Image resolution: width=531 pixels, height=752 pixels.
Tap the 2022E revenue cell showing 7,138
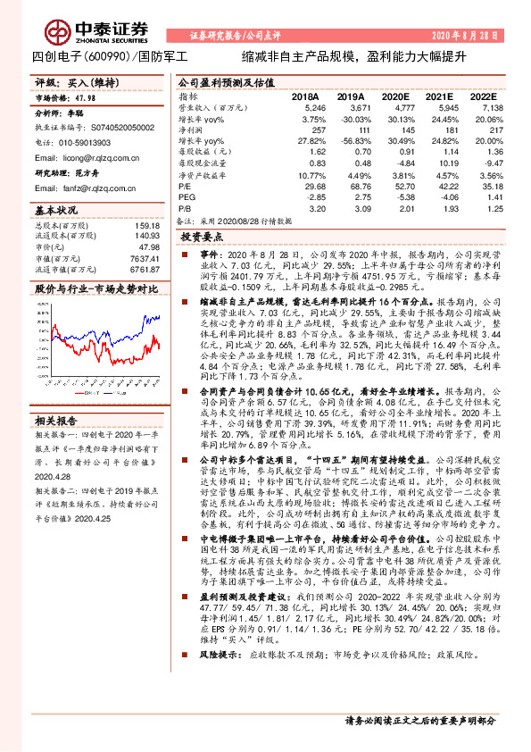pyautogui.click(x=479, y=107)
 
